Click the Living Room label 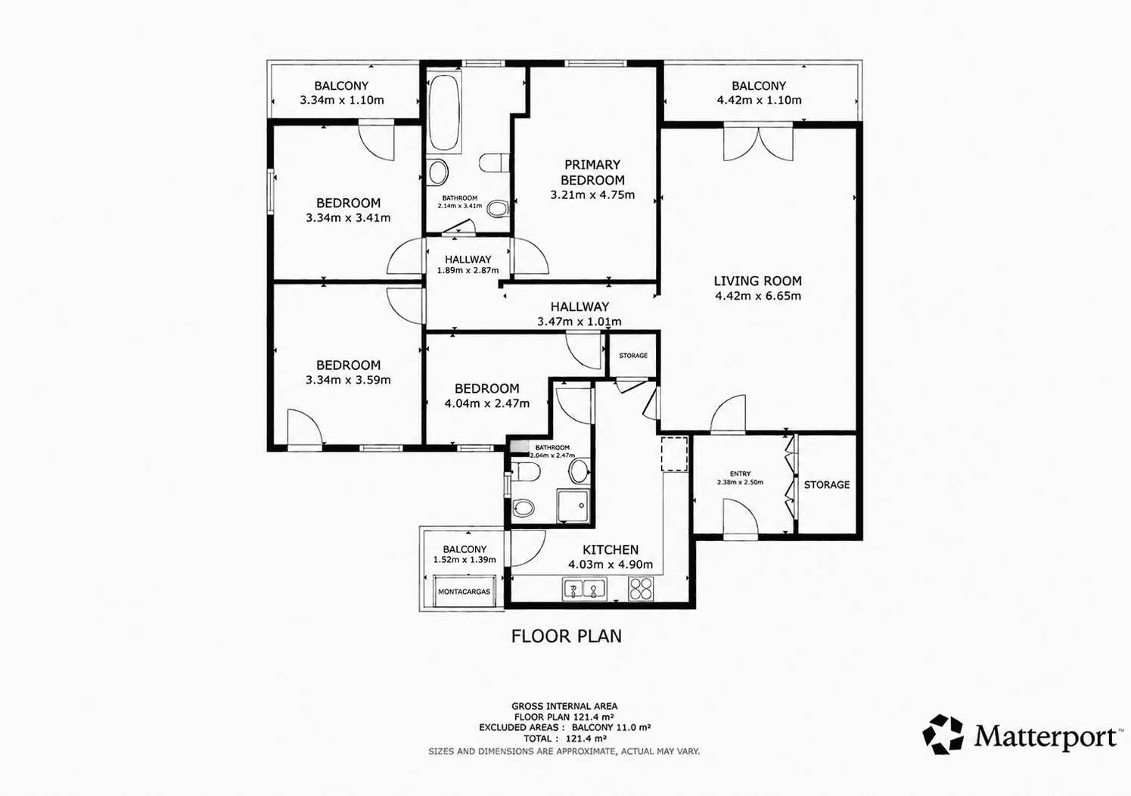[x=757, y=281]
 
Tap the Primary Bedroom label [x=592, y=173]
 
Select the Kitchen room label [x=611, y=549]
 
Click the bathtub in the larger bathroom [x=444, y=112]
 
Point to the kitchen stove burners [x=641, y=589]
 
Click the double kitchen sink [x=585, y=589]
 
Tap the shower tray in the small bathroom [x=573, y=505]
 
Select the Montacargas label [x=464, y=592]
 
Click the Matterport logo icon [x=943, y=735]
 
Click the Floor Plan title [x=567, y=636]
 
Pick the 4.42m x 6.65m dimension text [x=758, y=296]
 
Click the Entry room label [x=740, y=474]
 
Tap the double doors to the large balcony [x=758, y=142]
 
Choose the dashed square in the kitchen [x=675, y=454]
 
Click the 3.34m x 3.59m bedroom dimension [x=348, y=380]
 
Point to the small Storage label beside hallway [x=633, y=356]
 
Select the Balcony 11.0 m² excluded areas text [x=611, y=727]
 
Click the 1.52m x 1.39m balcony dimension [x=465, y=560]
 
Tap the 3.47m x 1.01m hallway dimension [x=579, y=322]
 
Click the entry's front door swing [x=741, y=518]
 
